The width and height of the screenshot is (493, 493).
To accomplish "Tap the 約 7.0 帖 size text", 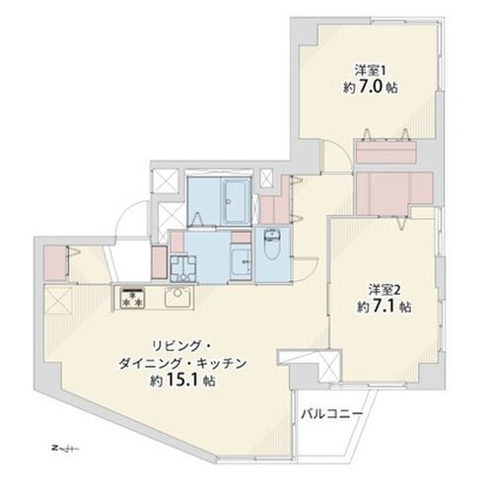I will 370,87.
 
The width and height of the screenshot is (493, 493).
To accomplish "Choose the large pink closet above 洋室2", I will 394,186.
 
